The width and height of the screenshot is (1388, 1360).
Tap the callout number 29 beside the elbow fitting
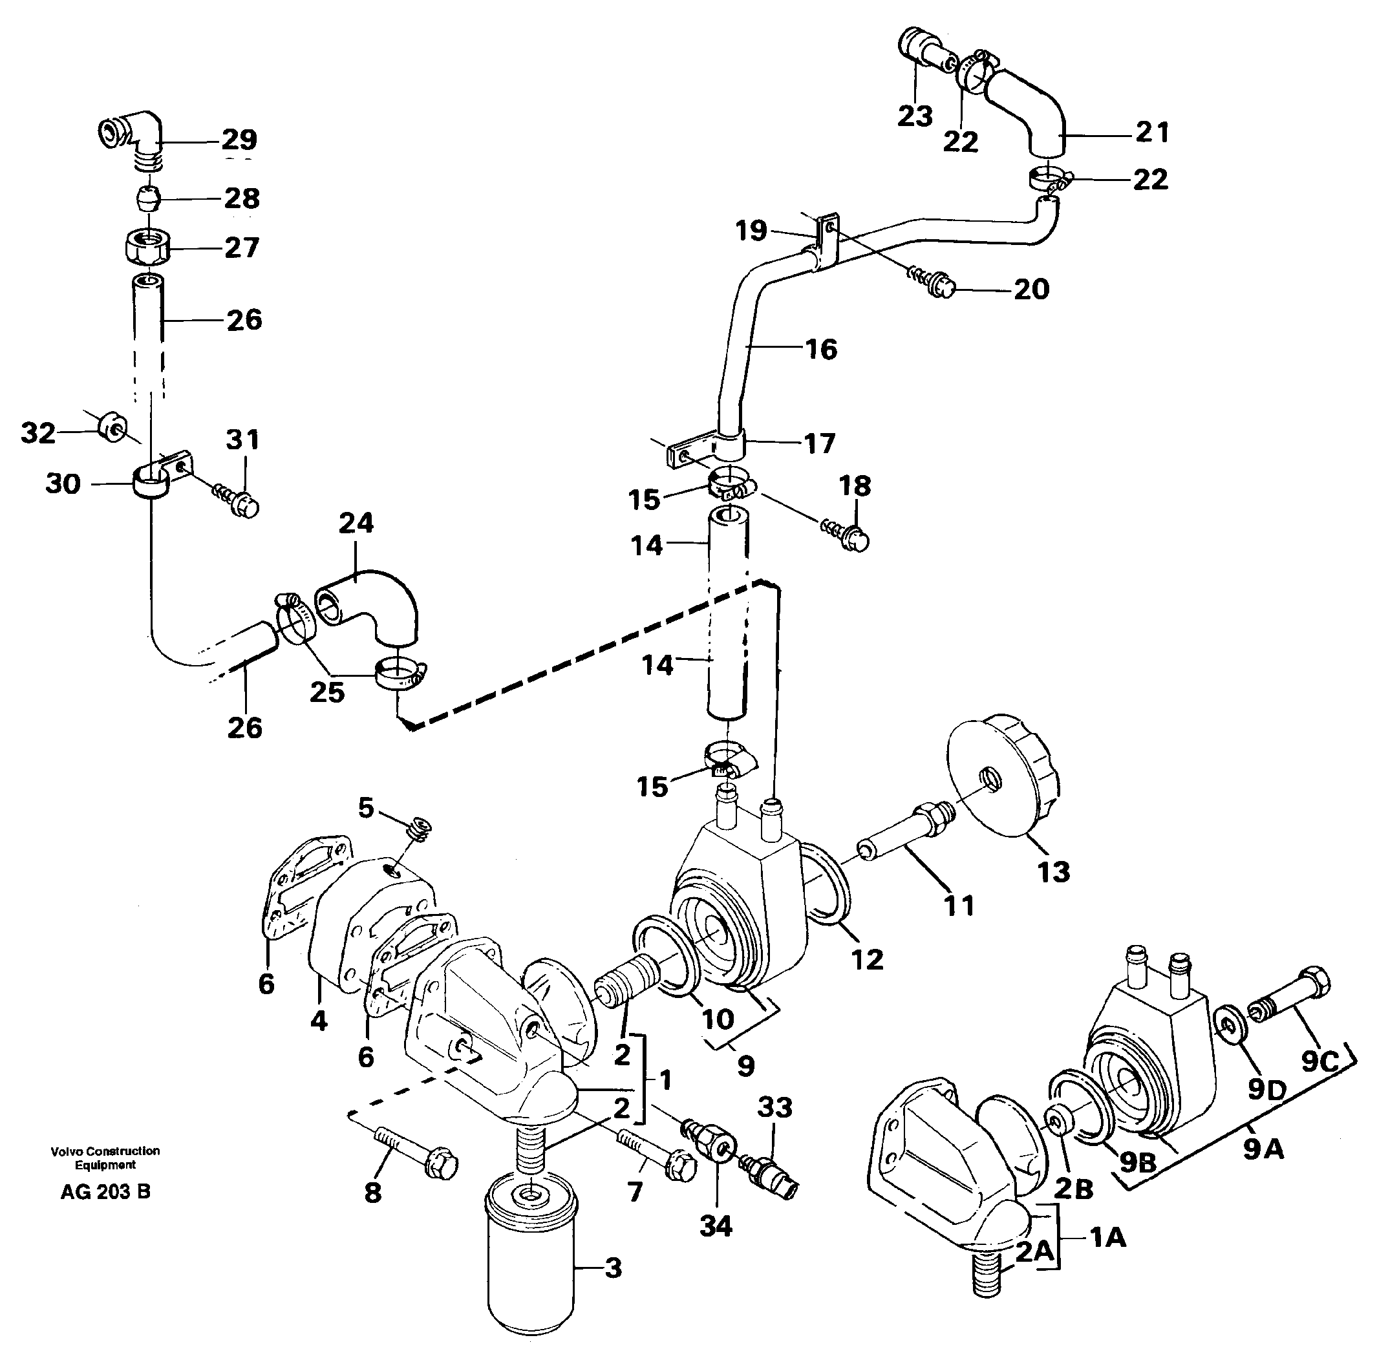(239, 138)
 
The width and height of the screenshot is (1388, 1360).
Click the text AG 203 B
(106, 1192)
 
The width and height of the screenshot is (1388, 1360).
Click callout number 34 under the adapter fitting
(716, 1226)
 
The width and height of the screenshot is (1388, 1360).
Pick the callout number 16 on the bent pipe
(821, 349)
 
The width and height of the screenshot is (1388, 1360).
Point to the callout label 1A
(1107, 1237)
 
